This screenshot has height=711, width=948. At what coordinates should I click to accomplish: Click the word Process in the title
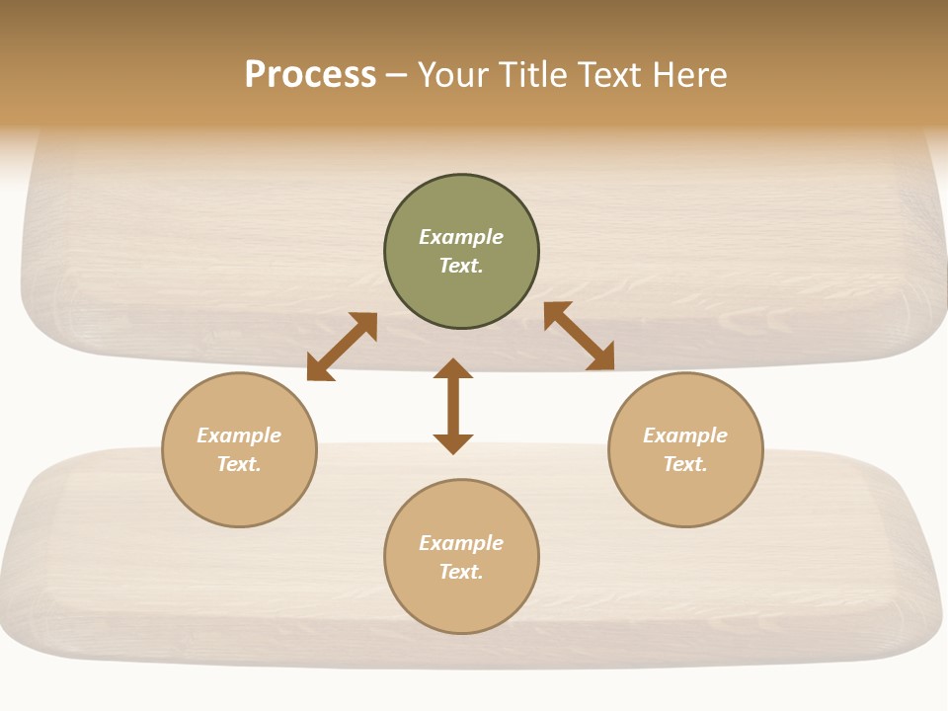click(x=310, y=75)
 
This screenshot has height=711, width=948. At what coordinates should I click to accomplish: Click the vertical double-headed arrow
click(x=453, y=406)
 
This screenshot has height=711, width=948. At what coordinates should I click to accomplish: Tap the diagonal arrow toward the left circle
click(x=342, y=347)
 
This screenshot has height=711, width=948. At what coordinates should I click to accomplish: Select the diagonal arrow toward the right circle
click(x=579, y=337)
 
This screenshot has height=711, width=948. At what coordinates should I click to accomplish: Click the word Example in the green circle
click(x=461, y=237)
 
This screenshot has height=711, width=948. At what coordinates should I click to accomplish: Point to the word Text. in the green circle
click(x=461, y=266)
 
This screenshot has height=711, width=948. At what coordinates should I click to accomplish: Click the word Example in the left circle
click(x=239, y=435)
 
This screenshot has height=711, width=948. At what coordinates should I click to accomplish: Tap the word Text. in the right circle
click(x=685, y=464)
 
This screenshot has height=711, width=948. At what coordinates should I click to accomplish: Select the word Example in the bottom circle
click(x=461, y=543)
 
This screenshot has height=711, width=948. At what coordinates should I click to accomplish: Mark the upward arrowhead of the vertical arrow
click(x=453, y=367)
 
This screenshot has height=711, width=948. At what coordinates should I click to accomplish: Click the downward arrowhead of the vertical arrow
click(x=453, y=443)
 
